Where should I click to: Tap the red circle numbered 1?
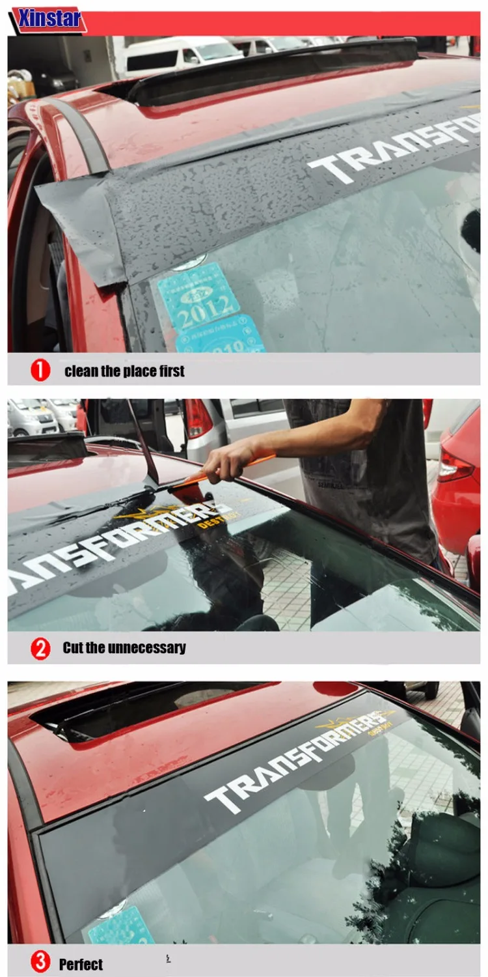click(40, 371)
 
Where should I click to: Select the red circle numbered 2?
click(40, 648)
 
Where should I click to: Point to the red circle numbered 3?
click(40, 962)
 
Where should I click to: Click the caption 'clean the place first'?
click(124, 371)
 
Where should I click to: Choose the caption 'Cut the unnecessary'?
click(124, 648)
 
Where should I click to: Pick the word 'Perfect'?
click(81, 965)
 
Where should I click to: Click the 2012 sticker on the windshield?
click(199, 296)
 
